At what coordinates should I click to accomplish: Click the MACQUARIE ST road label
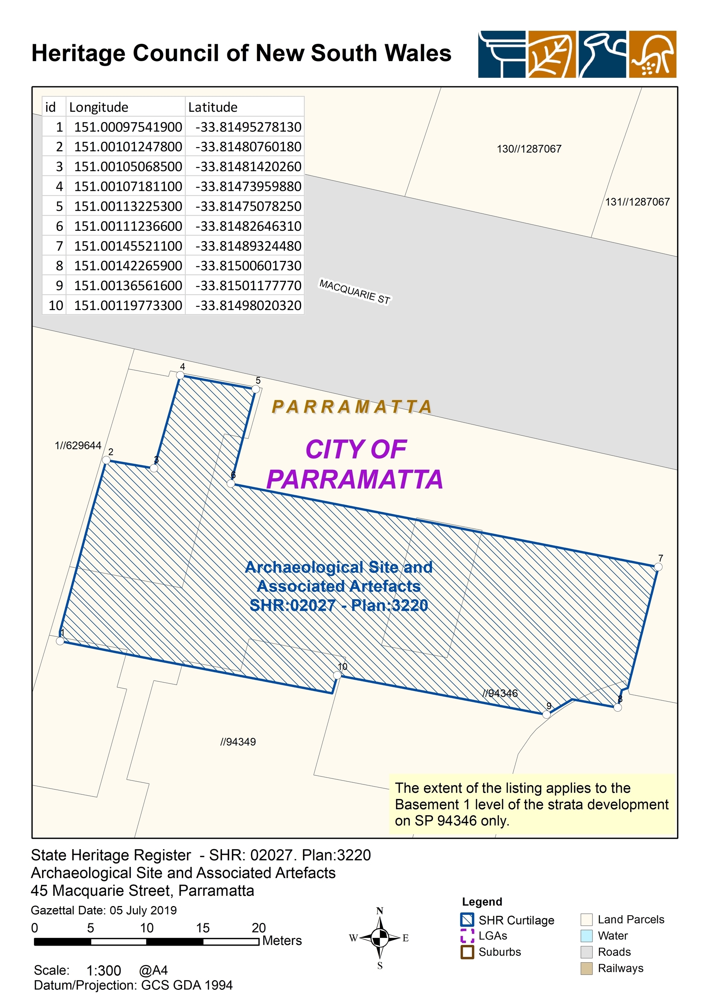click(355, 292)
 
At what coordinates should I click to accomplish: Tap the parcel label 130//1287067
click(529, 149)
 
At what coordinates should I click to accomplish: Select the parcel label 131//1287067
click(637, 201)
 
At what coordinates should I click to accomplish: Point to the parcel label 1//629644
click(78, 445)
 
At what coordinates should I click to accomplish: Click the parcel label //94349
click(238, 742)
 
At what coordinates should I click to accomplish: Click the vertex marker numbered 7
click(658, 566)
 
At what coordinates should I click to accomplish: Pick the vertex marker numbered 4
click(180, 375)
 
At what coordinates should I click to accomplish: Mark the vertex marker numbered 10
click(337, 675)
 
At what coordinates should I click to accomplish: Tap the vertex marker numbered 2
click(106, 460)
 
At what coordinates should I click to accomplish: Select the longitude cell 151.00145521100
click(128, 246)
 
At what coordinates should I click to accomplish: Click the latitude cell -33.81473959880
click(248, 186)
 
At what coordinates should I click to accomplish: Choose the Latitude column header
click(213, 107)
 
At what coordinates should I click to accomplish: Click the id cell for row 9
click(59, 286)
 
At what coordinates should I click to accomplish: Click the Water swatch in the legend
click(586, 935)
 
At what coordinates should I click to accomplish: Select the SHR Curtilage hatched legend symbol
click(467, 920)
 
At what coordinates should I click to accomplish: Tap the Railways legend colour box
click(586, 968)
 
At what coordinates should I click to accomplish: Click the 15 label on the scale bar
click(203, 928)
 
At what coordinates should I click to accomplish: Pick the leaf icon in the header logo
click(551, 54)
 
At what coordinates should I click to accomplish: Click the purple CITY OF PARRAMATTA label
click(355, 464)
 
